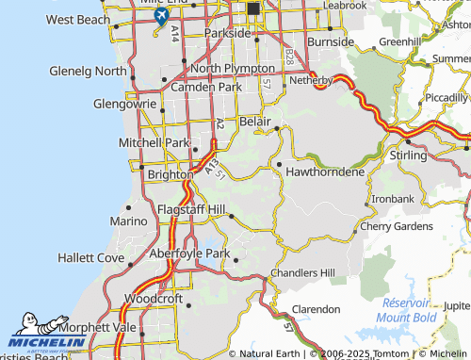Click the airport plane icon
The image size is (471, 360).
(161, 17)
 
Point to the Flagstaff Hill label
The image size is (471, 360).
(191, 208)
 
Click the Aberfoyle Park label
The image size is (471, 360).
(190, 254)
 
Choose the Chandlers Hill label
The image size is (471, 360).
(302, 272)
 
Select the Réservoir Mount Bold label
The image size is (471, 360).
(407, 310)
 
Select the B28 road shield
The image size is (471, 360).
(288, 58)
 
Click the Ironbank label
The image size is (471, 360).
(392, 199)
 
